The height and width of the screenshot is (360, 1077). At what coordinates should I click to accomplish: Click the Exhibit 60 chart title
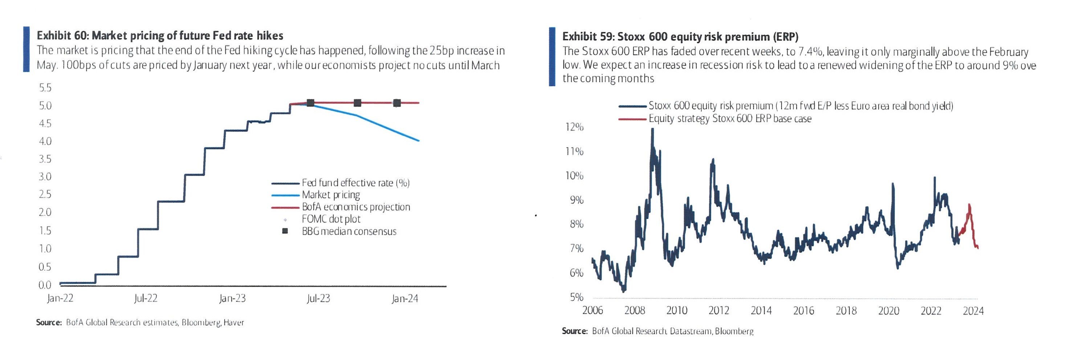(160, 36)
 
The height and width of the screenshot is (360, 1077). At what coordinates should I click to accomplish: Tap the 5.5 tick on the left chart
(45, 88)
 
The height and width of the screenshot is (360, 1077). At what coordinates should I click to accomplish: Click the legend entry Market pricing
(330, 195)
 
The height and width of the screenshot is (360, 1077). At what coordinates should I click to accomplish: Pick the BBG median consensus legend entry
(349, 231)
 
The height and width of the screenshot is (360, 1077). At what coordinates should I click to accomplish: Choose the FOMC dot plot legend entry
(331, 219)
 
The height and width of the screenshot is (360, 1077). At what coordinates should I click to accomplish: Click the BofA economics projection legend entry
(356, 207)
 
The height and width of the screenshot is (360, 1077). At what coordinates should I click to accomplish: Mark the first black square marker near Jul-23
(310, 103)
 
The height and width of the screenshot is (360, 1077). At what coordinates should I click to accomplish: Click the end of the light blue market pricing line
(418, 140)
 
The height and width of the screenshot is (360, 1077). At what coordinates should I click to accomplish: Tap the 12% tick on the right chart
(574, 127)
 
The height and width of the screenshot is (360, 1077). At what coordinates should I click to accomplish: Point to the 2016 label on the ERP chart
(803, 311)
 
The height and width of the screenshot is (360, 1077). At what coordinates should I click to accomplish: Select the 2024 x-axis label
(973, 311)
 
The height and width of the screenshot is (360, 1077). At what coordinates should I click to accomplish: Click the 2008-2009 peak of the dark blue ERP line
(652, 130)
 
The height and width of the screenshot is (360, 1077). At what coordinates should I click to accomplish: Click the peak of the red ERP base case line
(969, 205)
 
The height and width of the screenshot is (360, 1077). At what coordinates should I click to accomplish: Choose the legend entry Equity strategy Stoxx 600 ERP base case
(730, 119)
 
